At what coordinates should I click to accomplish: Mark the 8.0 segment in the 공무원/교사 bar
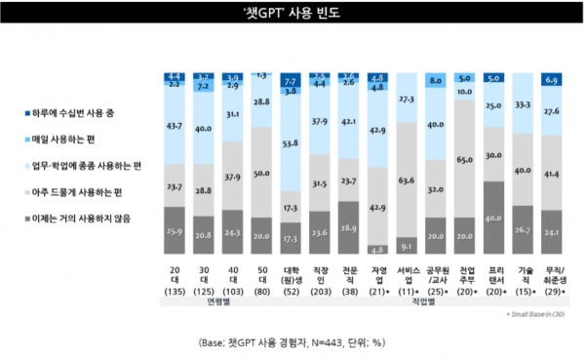click(x=437, y=81)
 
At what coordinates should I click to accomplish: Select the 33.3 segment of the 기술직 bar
click(x=524, y=109)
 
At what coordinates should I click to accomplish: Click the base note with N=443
click(x=292, y=342)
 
